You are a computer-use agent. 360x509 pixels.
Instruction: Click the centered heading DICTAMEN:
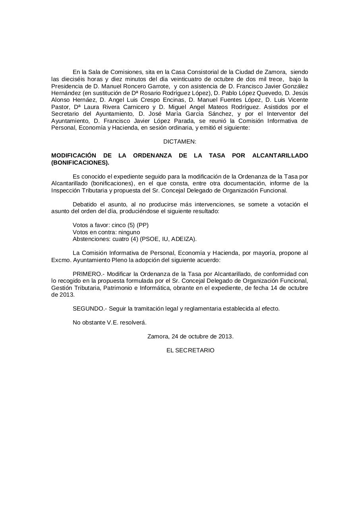180,142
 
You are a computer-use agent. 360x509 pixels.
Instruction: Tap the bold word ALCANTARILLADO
280,155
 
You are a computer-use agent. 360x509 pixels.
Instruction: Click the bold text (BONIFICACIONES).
80,163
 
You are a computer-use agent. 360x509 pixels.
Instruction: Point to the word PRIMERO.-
88,274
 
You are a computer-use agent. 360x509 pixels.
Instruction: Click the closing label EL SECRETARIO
190,350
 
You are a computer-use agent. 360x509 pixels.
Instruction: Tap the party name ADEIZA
184,239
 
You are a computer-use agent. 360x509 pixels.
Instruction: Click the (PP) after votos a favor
143,225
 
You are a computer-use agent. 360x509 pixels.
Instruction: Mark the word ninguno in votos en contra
129,232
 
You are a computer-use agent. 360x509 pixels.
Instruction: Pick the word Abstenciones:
89,239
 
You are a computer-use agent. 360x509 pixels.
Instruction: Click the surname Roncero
130,86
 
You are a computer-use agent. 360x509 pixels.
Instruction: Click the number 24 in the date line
175,336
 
